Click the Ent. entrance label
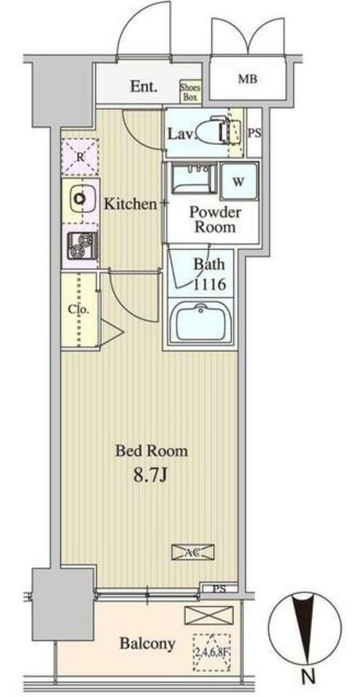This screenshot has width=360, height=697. tap(144, 87)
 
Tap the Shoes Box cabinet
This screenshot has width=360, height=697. tap(191, 90)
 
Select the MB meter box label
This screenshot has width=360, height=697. tap(248, 80)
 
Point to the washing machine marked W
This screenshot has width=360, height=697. tap(239, 180)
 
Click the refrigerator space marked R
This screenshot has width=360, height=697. tap(79, 156)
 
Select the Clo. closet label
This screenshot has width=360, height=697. tap(78, 309)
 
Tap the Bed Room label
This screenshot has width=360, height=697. tap(151, 451)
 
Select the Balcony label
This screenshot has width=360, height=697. tap(148, 644)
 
